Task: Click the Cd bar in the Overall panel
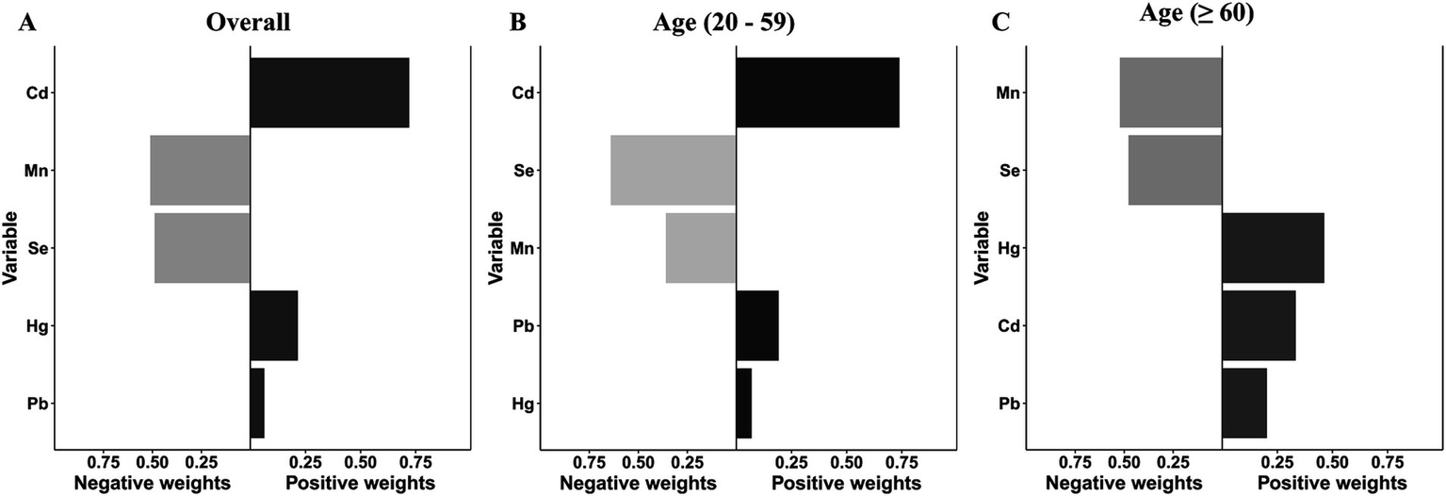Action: pos(329,92)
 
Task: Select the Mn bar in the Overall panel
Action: pos(200,171)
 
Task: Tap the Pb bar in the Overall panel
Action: pos(257,404)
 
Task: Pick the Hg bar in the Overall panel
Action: pos(273,325)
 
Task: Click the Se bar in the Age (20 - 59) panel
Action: pos(673,171)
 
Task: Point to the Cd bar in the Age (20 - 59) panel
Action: pos(817,92)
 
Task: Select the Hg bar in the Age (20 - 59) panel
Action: pos(743,404)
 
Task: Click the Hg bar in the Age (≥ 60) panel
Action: pos(1273,248)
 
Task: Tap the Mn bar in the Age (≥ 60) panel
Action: pos(1170,92)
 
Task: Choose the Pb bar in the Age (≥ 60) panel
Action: pos(1243,404)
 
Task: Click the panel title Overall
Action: pos(248,23)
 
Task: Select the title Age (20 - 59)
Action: pos(723,23)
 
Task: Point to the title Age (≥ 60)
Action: pos(1209,16)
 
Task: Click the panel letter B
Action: pos(516,24)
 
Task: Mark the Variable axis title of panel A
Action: pos(12,248)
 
